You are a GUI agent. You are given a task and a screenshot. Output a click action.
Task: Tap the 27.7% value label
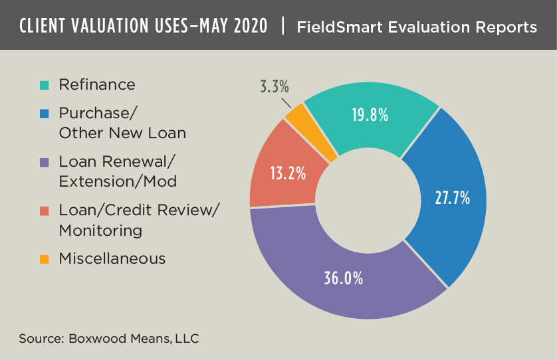coord(452,198)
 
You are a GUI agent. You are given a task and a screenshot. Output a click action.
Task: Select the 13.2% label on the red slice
coord(288,174)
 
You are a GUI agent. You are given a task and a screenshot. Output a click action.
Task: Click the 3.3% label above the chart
coord(274,86)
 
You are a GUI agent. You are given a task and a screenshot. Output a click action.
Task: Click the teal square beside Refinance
coord(45,85)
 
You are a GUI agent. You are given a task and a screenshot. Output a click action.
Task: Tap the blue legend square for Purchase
coord(45,114)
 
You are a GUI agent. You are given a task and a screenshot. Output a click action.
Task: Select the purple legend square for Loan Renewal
coord(45,161)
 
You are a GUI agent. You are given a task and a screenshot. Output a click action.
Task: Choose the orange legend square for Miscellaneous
coord(45,259)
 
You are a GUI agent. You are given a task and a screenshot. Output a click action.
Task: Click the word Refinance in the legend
coord(97,84)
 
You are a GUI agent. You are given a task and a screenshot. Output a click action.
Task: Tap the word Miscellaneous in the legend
coord(112,258)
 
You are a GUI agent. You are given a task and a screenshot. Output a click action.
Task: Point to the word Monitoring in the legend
coord(100,230)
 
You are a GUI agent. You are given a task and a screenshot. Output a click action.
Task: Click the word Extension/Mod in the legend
coord(117,181)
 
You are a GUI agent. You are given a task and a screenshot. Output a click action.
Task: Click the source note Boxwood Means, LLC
coord(134,339)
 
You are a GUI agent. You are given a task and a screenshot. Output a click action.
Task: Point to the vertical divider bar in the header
coord(284,27)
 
